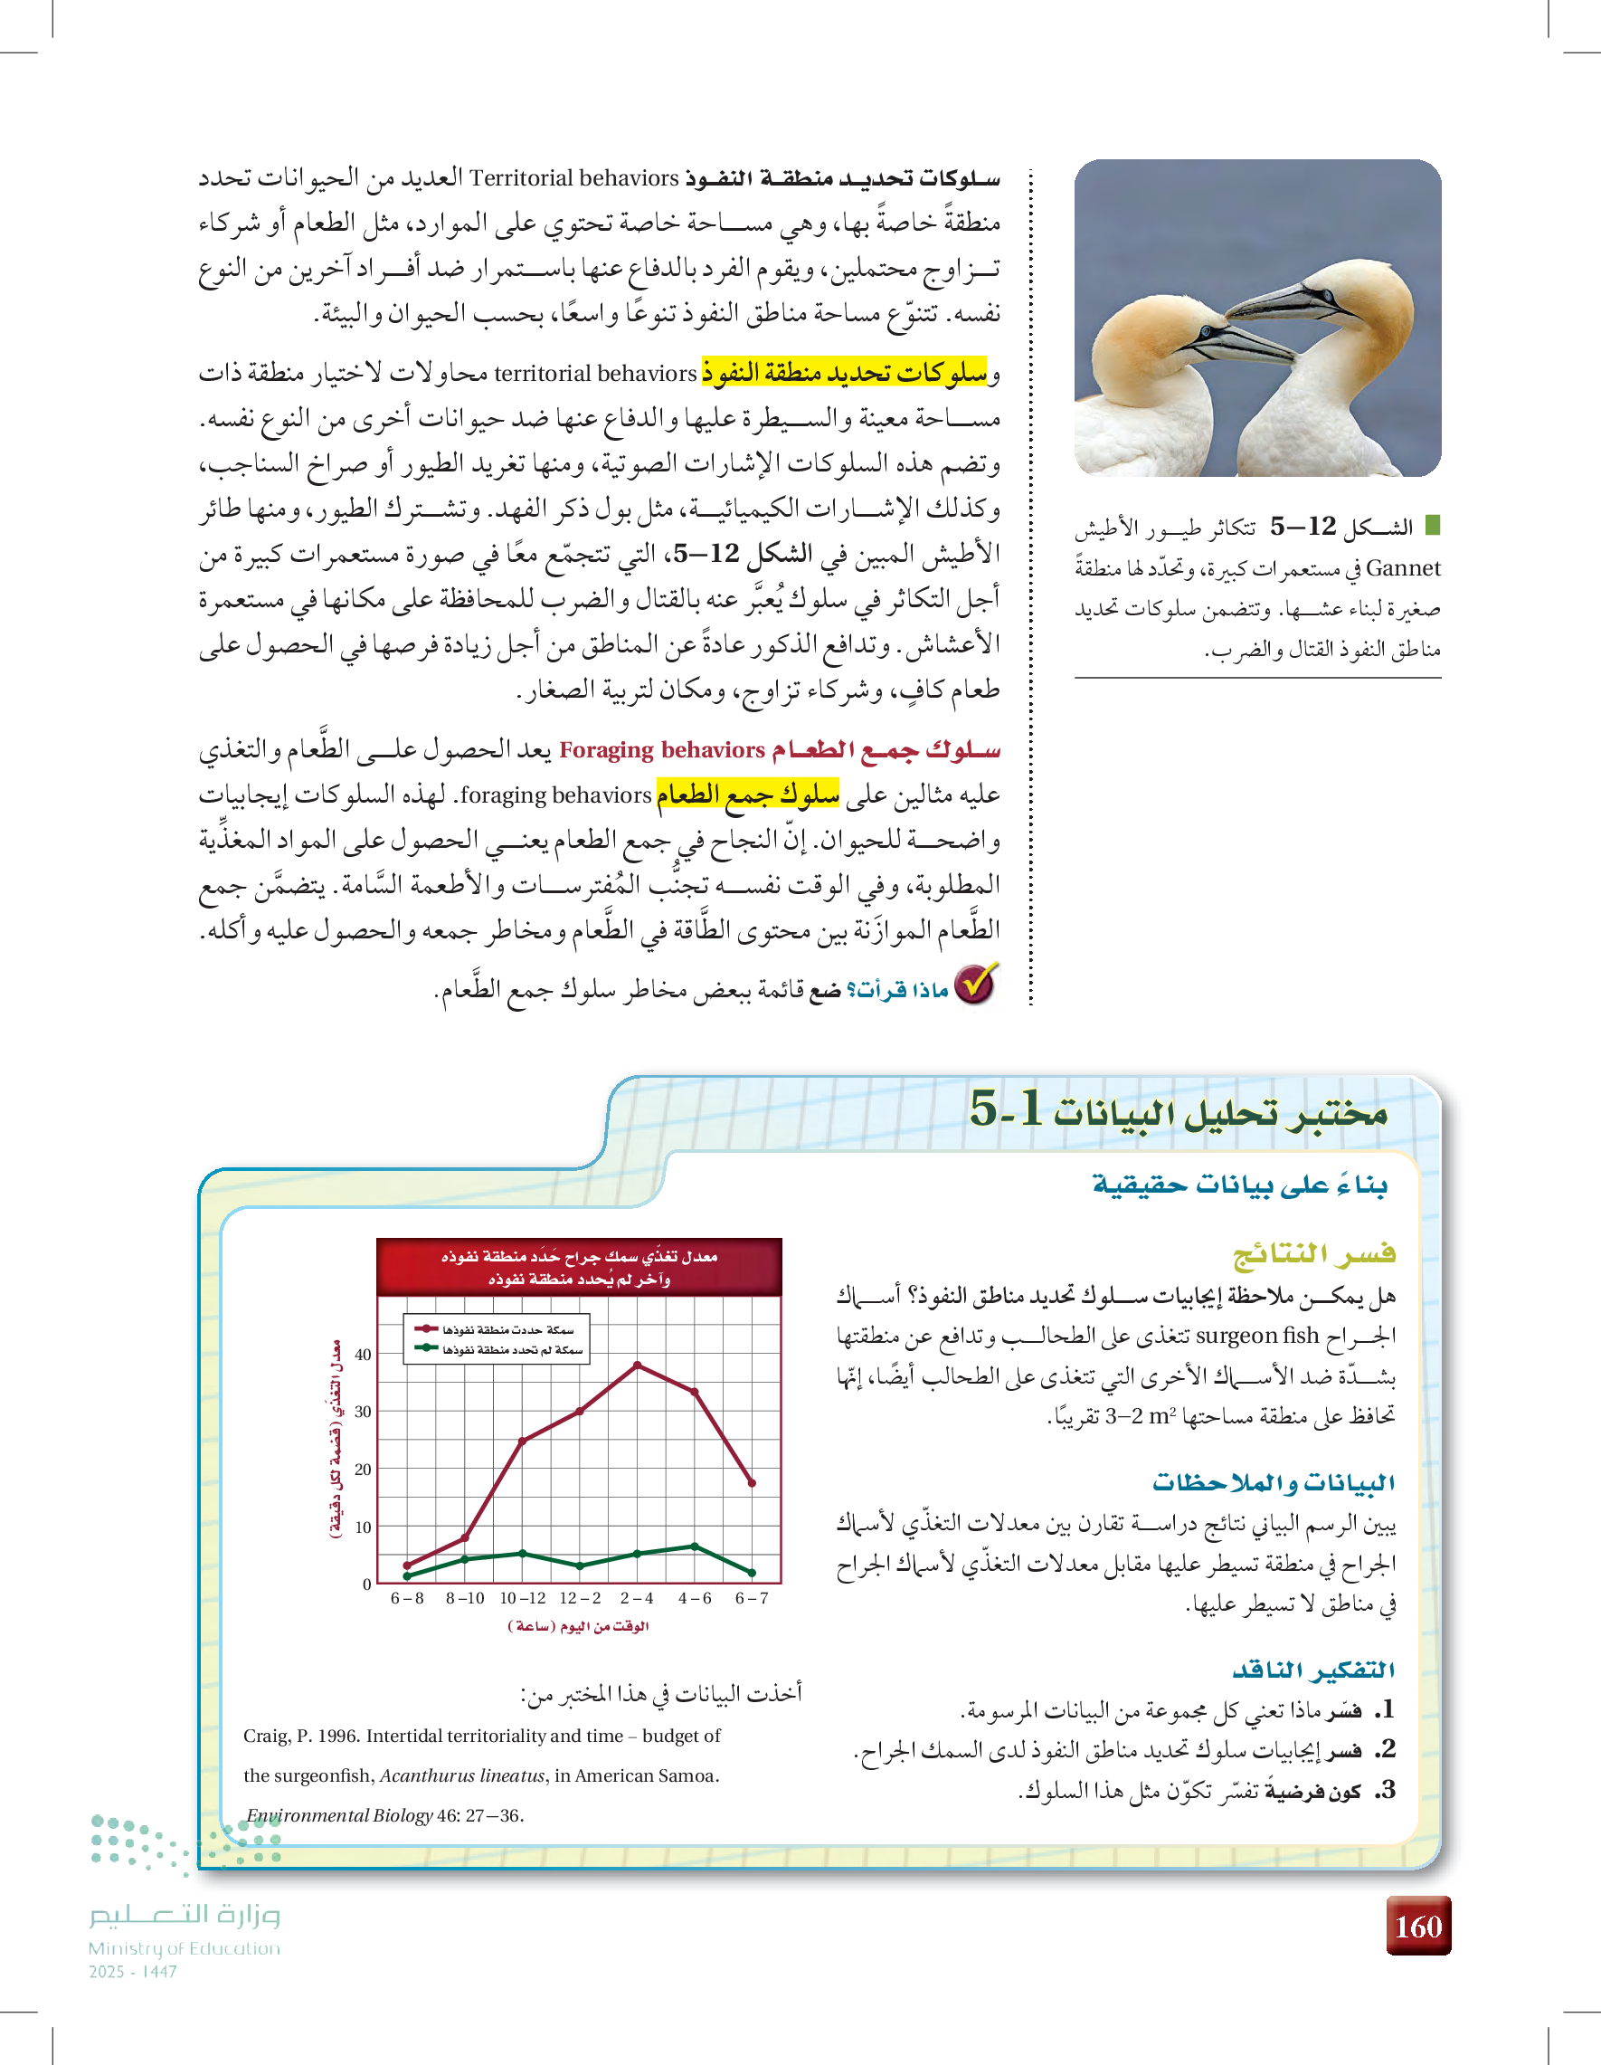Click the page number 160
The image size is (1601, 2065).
coord(1417,1926)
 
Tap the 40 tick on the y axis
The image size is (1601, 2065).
coord(363,1354)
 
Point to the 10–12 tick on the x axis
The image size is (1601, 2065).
coord(523,1598)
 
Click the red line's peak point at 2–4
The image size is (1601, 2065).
coord(637,1366)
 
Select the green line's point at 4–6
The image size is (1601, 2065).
coord(695,1546)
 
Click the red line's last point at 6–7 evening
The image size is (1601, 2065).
coord(753,1482)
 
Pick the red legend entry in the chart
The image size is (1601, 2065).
coord(497,1329)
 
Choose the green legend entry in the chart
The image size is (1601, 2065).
coord(497,1349)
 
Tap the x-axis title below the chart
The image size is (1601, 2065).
coord(578,1626)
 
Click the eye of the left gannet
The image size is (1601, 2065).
coord(1205,332)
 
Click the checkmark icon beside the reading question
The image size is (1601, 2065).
coord(975,985)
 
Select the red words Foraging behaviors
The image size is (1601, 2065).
coord(661,750)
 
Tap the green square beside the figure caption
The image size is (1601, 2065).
coord(1432,524)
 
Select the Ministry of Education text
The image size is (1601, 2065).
coord(185,1948)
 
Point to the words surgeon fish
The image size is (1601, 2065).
coord(1257,1336)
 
